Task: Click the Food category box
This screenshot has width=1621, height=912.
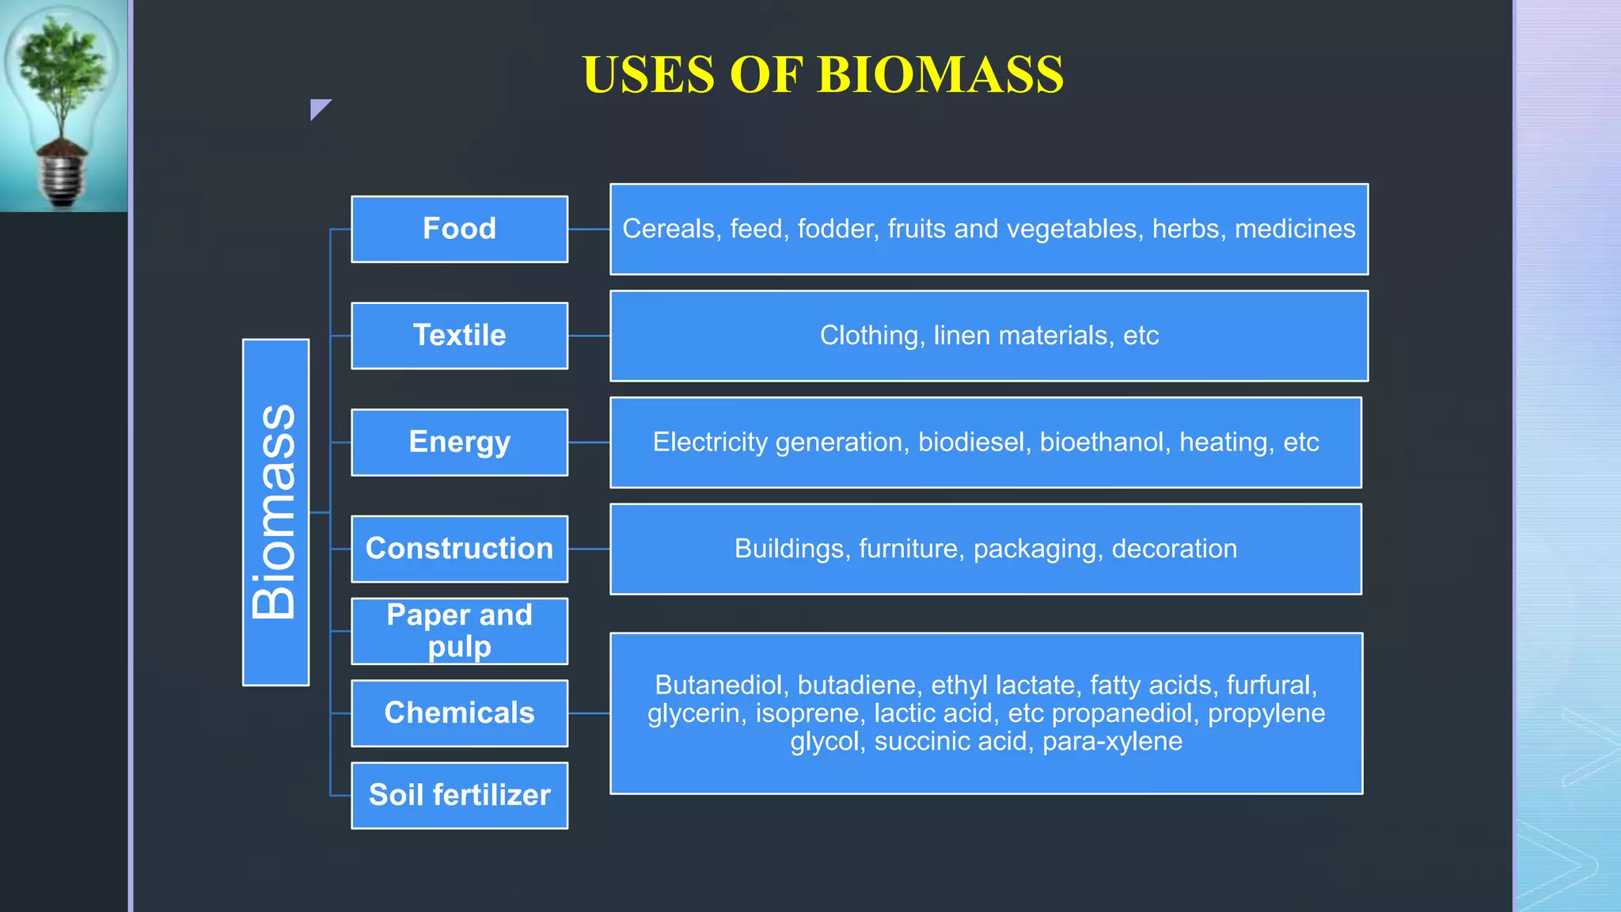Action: click(459, 229)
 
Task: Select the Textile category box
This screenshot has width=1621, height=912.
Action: click(459, 336)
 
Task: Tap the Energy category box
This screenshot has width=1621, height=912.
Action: click(459, 442)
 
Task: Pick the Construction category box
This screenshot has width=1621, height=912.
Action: click(459, 549)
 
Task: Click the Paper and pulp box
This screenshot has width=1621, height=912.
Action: click(459, 631)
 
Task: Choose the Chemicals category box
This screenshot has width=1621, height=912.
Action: click(459, 713)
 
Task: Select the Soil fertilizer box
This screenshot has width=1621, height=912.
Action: click(459, 795)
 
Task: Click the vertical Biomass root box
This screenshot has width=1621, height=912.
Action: click(275, 512)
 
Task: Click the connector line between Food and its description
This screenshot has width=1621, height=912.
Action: click(589, 230)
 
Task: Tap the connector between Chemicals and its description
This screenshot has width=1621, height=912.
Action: click(589, 713)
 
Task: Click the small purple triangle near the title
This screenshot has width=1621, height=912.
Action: click(318, 108)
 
